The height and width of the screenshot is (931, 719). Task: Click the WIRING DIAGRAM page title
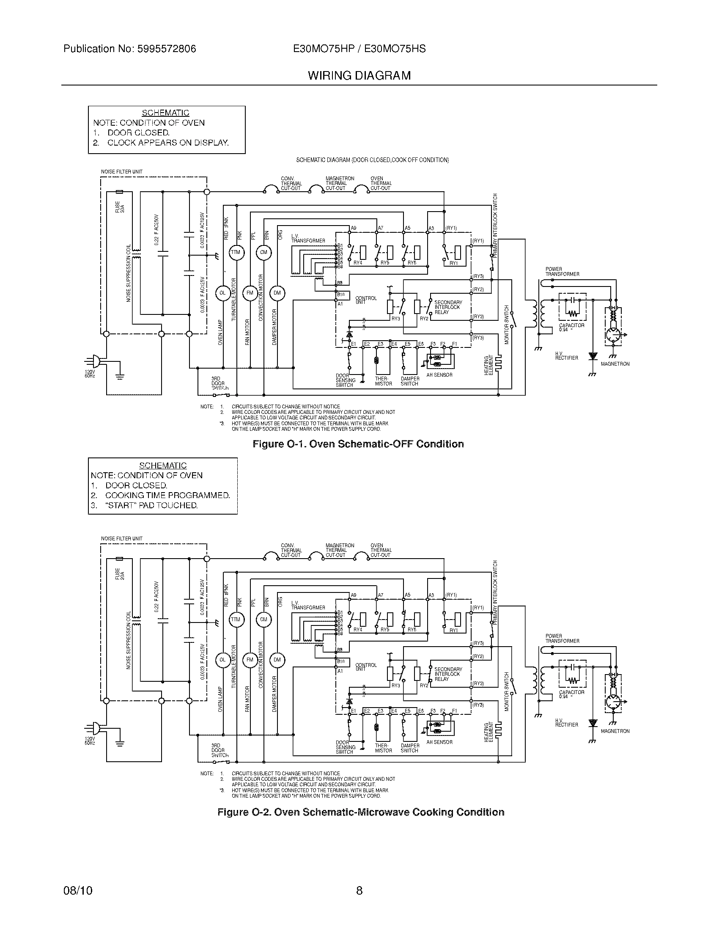tap(359, 75)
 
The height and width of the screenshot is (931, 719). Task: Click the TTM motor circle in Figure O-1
tap(236, 252)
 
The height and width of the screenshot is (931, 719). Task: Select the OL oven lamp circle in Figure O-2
tap(222, 660)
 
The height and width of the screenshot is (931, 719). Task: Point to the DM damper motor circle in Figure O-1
tap(277, 293)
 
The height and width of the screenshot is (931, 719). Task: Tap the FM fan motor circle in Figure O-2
tap(250, 660)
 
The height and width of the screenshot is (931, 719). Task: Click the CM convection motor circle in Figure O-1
tap(263, 252)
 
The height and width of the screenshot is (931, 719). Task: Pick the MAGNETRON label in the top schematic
tap(615, 364)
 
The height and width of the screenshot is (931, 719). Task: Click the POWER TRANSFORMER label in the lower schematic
tap(562, 639)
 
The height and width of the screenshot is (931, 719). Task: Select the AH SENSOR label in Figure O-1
tap(439, 375)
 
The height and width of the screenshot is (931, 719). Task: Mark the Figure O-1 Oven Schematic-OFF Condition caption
tap(358, 444)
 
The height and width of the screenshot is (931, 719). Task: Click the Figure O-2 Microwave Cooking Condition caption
tap(361, 812)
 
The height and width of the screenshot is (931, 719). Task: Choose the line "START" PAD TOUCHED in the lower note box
tap(151, 505)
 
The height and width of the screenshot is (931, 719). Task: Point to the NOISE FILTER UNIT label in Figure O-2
tap(121, 539)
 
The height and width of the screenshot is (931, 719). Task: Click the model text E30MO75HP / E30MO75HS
tap(359, 49)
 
